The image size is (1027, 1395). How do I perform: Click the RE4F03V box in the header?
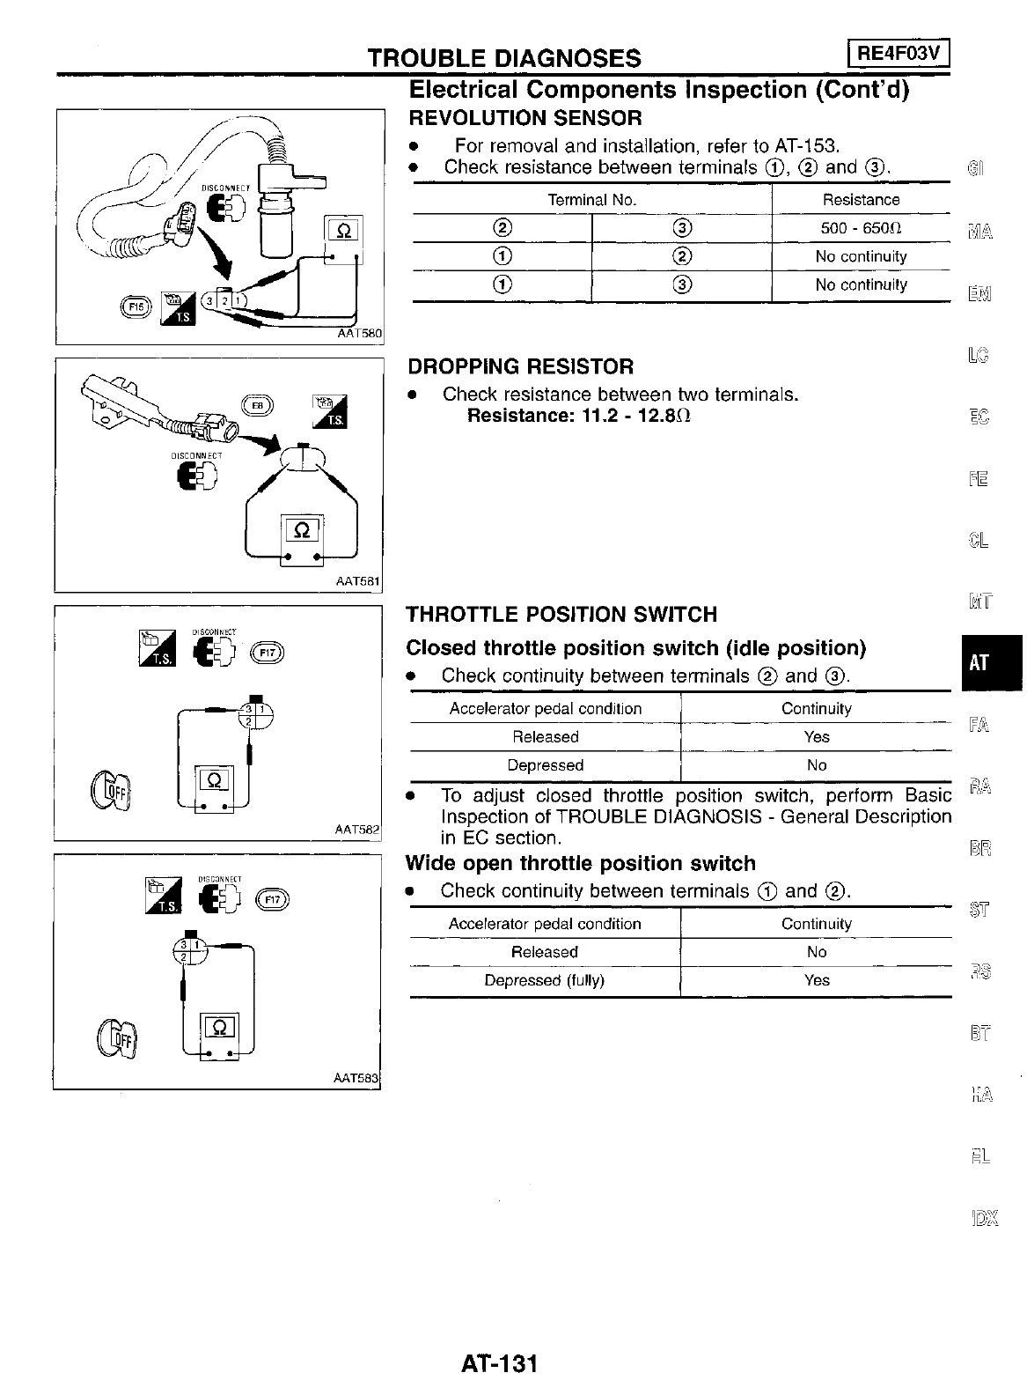pyautogui.click(x=898, y=55)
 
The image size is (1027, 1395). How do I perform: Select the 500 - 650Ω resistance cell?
pyautogui.click(x=860, y=228)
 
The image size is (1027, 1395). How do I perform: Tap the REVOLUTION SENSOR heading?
pyautogui.click(x=525, y=118)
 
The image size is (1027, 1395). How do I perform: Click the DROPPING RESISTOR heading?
pyautogui.click(x=520, y=366)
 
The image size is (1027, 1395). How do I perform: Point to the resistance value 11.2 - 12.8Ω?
pyautogui.click(x=635, y=415)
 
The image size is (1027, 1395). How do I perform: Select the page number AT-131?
pyautogui.click(x=499, y=1363)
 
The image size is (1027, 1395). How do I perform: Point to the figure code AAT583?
pyautogui.click(x=356, y=1078)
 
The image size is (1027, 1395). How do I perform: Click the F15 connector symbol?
pyautogui.click(x=136, y=305)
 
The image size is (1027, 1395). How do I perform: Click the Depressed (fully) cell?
pyautogui.click(x=544, y=980)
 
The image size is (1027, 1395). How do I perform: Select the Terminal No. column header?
pyautogui.click(x=591, y=200)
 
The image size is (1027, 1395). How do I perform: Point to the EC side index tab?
pyautogui.click(x=979, y=416)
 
